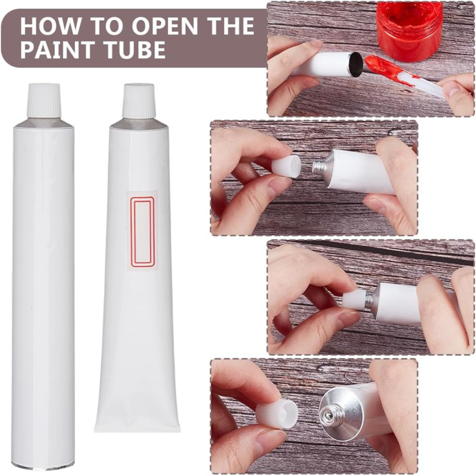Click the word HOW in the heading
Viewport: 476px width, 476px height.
(50, 26)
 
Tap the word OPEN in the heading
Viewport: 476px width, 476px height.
(164, 26)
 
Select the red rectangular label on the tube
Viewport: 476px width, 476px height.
(142, 231)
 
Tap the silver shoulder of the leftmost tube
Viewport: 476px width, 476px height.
(44, 122)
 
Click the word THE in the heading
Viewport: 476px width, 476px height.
(229, 26)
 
